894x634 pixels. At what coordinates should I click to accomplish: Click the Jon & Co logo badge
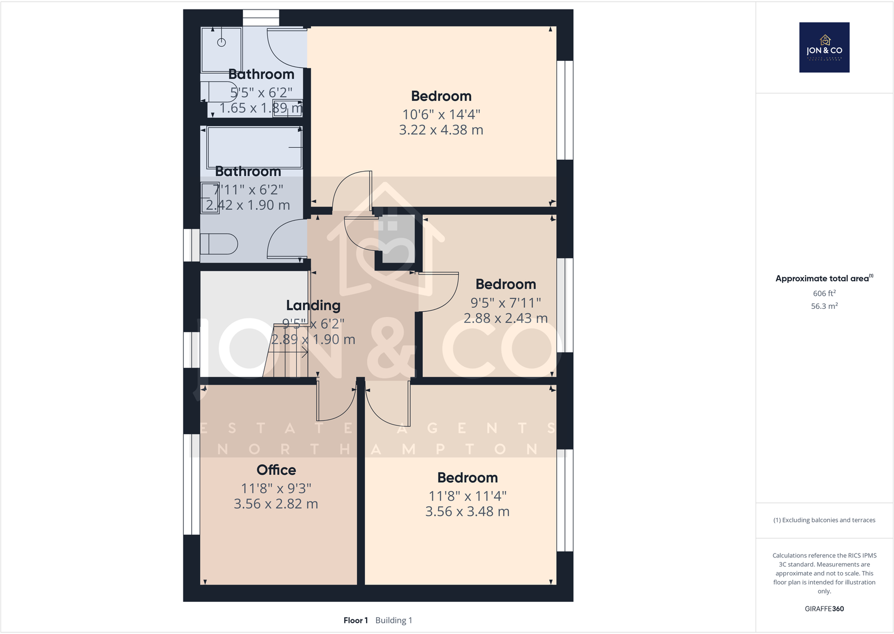[824, 47]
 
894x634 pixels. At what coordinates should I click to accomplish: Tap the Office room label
[276, 470]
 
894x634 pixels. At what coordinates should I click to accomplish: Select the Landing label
[313, 305]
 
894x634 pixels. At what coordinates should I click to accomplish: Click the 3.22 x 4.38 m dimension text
[441, 130]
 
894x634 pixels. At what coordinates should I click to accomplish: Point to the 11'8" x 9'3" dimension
[276, 488]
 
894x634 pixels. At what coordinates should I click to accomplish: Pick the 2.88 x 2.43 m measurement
[505, 318]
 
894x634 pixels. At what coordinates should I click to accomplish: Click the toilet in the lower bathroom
[219, 244]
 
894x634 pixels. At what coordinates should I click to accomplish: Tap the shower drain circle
[222, 43]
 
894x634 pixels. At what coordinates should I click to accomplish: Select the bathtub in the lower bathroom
[254, 147]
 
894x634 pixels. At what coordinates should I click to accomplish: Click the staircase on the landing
[287, 352]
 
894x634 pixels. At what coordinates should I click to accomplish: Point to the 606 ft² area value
[824, 293]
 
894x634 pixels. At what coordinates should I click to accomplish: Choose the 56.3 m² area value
[824, 306]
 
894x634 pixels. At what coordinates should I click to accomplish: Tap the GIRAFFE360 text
[824, 609]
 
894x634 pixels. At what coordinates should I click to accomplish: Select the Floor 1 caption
[355, 620]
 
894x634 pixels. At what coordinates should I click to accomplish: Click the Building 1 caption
[394, 620]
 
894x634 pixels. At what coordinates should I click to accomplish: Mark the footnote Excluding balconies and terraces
[824, 520]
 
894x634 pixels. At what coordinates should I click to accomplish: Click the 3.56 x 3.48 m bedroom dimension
[467, 512]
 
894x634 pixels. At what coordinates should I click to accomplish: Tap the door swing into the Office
[335, 402]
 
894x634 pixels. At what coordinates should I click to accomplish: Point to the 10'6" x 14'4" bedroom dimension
[441, 114]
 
